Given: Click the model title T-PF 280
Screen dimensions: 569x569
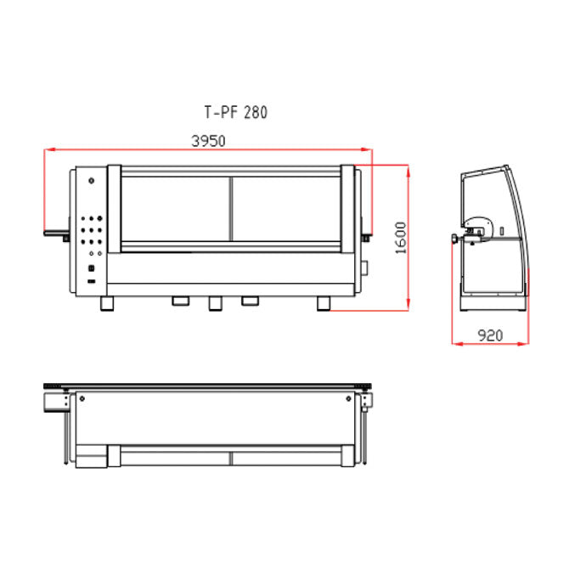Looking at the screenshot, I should click(235, 111).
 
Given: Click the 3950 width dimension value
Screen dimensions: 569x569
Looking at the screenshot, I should click(207, 141).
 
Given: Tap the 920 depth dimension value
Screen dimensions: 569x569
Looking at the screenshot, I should click(489, 335).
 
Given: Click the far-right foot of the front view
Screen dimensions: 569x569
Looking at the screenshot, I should click(324, 303).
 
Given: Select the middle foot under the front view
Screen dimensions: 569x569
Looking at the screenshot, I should click(215, 302).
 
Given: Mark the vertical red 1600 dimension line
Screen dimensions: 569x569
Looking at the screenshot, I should click(411, 238).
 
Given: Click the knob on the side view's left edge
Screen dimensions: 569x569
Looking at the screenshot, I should click(456, 239).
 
